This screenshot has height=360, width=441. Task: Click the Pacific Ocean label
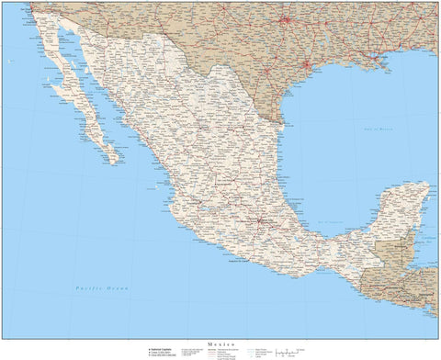103,288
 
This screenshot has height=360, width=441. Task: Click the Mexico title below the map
220,341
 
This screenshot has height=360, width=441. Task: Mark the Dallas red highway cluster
285,19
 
